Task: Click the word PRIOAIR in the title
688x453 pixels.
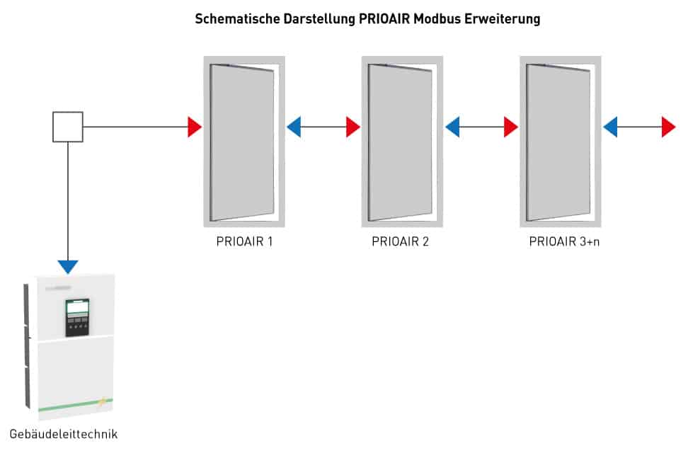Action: pyautogui.click(x=384, y=19)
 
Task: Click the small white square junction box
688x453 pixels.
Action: pyautogui.click(x=68, y=127)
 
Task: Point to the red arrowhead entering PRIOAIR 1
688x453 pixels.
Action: pyautogui.click(x=195, y=127)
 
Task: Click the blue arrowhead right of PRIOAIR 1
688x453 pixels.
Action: pyautogui.click(x=294, y=127)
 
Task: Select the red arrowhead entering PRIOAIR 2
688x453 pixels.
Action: pyautogui.click(x=353, y=127)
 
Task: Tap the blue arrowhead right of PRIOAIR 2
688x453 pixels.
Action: pyautogui.click(x=452, y=127)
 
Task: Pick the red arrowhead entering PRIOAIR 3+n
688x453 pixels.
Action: pyautogui.click(x=511, y=127)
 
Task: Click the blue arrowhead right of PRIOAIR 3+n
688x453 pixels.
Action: pyautogui.click(x=610, y=127)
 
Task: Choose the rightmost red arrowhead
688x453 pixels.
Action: pyautogui.click(x=669, y=127)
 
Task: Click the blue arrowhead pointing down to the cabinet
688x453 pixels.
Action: pyautogui.click(x=68, y=267)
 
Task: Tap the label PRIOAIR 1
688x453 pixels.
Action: pyautogui.click(x=244, y=241)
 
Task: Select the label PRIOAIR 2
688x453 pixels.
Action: pyautogui.click(x=400, y=241)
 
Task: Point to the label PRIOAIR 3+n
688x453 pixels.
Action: pyautogui.click(x=564, y=241)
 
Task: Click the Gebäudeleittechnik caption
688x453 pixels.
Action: pyautogui.click(x=64, y=434)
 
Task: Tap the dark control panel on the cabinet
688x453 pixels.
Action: pyautogui.click(x=77, y=317)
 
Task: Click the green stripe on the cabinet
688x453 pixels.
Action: pyautogui.click(x=76, y=405)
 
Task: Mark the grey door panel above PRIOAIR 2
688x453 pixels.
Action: pyautogui.click(x=400, y=143)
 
